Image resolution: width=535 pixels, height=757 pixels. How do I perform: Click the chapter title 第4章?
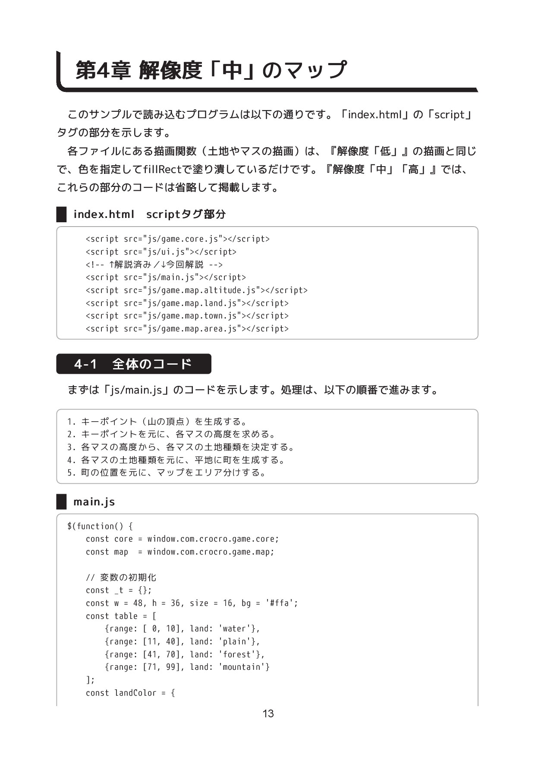103,70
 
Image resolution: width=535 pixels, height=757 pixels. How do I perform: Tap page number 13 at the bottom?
268,713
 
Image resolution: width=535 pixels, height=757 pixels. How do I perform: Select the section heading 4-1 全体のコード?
133,364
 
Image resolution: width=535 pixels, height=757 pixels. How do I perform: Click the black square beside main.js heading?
62,502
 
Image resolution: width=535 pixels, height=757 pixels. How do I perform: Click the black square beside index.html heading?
62,214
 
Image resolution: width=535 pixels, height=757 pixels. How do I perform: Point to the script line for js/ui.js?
161,252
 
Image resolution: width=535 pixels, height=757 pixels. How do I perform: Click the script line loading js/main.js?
166,278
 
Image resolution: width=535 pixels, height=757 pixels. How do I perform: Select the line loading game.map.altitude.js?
196,290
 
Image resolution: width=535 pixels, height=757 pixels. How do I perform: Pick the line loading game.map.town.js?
187,316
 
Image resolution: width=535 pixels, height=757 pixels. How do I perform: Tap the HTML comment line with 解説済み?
154,265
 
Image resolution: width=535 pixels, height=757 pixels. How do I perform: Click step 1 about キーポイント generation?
157,421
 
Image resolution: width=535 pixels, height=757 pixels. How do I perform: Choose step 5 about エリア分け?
167,473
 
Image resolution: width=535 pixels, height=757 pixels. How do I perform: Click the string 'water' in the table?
235,629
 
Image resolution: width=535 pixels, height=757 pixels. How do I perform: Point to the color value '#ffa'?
281,603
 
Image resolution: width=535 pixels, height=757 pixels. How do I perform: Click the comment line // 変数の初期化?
121,577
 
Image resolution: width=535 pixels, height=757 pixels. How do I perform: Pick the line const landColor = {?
130,693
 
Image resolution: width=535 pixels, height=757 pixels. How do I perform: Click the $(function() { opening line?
100,526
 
